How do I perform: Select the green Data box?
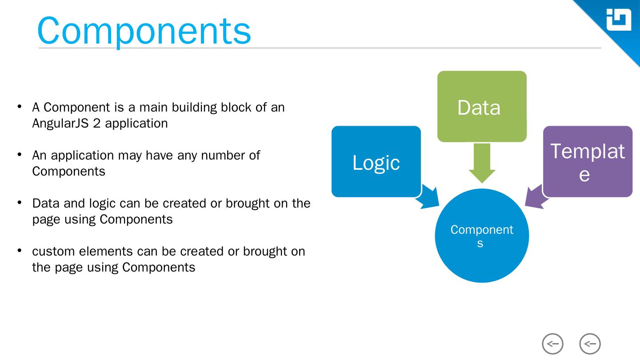pyautogui.click(x=482, y=107)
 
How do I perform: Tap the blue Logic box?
pyautogui.click(x=376, y=162)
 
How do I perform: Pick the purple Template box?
pyautogui.click(x=588, y=162)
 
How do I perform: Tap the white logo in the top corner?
pyautogui.click(x=619, y=20)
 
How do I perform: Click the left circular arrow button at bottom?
pyautogui.click(x=552, y=344)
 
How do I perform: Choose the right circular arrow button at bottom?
pyautogui.click(x=590, y=344)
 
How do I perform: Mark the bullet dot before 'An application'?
pyautogui.click(x=20, y=154)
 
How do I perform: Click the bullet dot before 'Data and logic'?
pyautogui.click(x=20, y=202)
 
